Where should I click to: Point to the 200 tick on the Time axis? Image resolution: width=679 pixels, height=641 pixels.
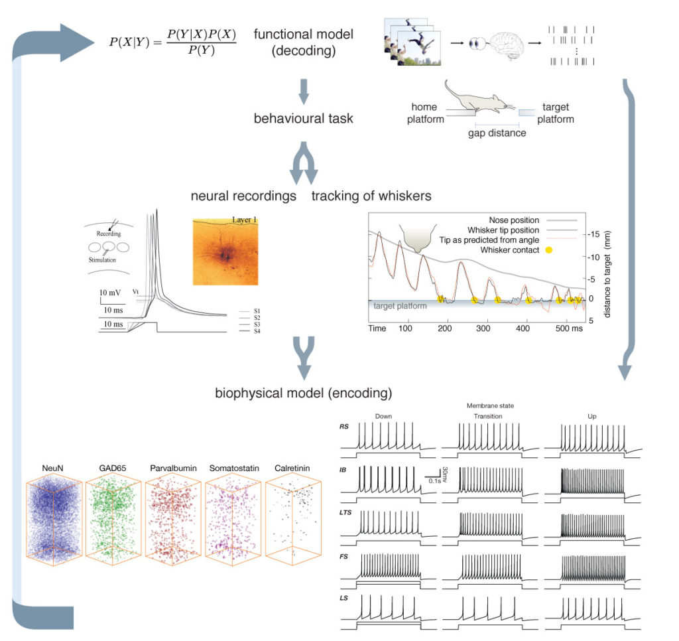[x=445, y=328]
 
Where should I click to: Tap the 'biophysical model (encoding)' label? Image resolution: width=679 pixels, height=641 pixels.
[x=303, y=393]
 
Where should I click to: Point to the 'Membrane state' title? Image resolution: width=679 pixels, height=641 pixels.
[x=491, y=405]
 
